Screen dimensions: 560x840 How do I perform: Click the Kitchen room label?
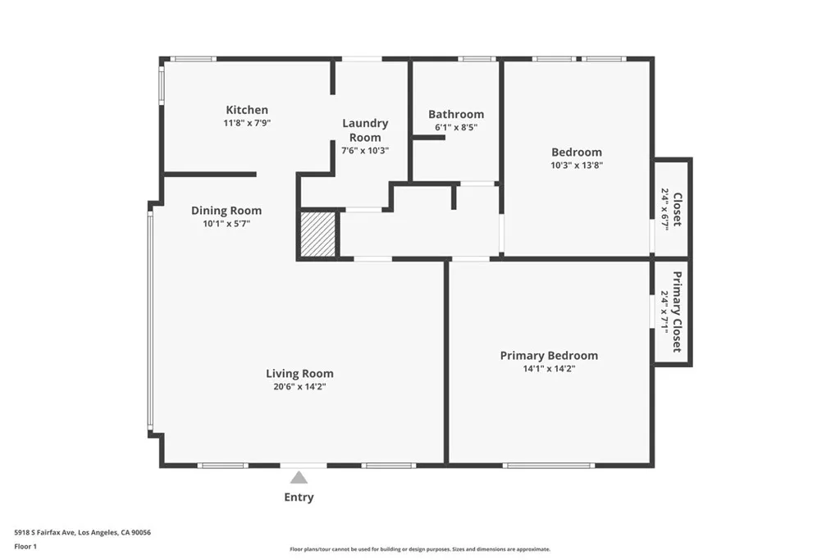coord(247,110)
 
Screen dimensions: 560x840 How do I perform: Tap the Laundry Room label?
coord(365,130)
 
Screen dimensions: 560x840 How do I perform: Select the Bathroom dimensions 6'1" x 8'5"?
coord(456,128)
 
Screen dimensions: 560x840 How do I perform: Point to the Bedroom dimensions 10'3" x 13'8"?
coord(576,165)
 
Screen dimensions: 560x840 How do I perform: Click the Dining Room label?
coord(226,211)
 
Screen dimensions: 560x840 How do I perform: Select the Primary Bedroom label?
coord(549,355)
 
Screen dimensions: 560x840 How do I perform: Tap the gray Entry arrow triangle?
coord(299,477)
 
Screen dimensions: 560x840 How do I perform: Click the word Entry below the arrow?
coord(299,497)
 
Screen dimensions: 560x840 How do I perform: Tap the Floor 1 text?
coord(25,546)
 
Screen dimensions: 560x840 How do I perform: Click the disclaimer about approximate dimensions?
coord(420,549)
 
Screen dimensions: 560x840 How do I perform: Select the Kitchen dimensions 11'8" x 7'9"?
coord(247,123)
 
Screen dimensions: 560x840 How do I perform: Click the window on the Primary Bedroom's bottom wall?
coord(548,466)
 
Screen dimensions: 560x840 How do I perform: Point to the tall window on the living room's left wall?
coord(150,320)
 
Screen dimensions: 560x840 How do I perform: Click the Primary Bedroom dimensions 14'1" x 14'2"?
coord(549,369)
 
